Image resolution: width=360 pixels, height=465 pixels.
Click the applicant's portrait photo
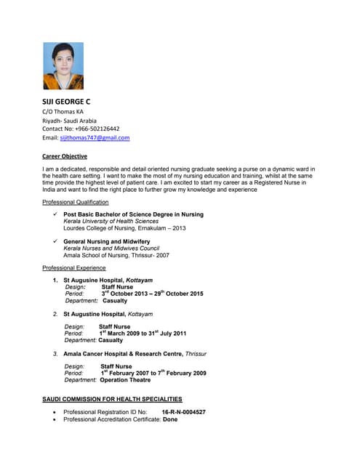click(63, 65)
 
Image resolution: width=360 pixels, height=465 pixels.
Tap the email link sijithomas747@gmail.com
click(95, 137)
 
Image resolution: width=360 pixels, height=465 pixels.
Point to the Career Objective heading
click(65, 156)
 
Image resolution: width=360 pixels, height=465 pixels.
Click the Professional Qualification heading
click(76, 202)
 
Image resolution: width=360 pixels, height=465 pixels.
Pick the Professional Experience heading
click(74, 268)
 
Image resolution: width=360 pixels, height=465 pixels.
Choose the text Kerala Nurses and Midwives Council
click(111, 248)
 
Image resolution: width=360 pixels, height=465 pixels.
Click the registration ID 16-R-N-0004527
click(183, 412)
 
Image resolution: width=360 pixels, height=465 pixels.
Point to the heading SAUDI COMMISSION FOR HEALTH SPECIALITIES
click(112, 400)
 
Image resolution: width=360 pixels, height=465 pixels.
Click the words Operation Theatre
click(125, 380)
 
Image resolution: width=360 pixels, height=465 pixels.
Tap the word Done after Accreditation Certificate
click(170, 420)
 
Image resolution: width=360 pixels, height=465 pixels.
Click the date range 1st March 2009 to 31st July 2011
click(143, 333)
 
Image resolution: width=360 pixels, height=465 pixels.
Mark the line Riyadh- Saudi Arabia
click(74, 120)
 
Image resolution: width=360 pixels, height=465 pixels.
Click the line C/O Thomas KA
click(63, 111)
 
